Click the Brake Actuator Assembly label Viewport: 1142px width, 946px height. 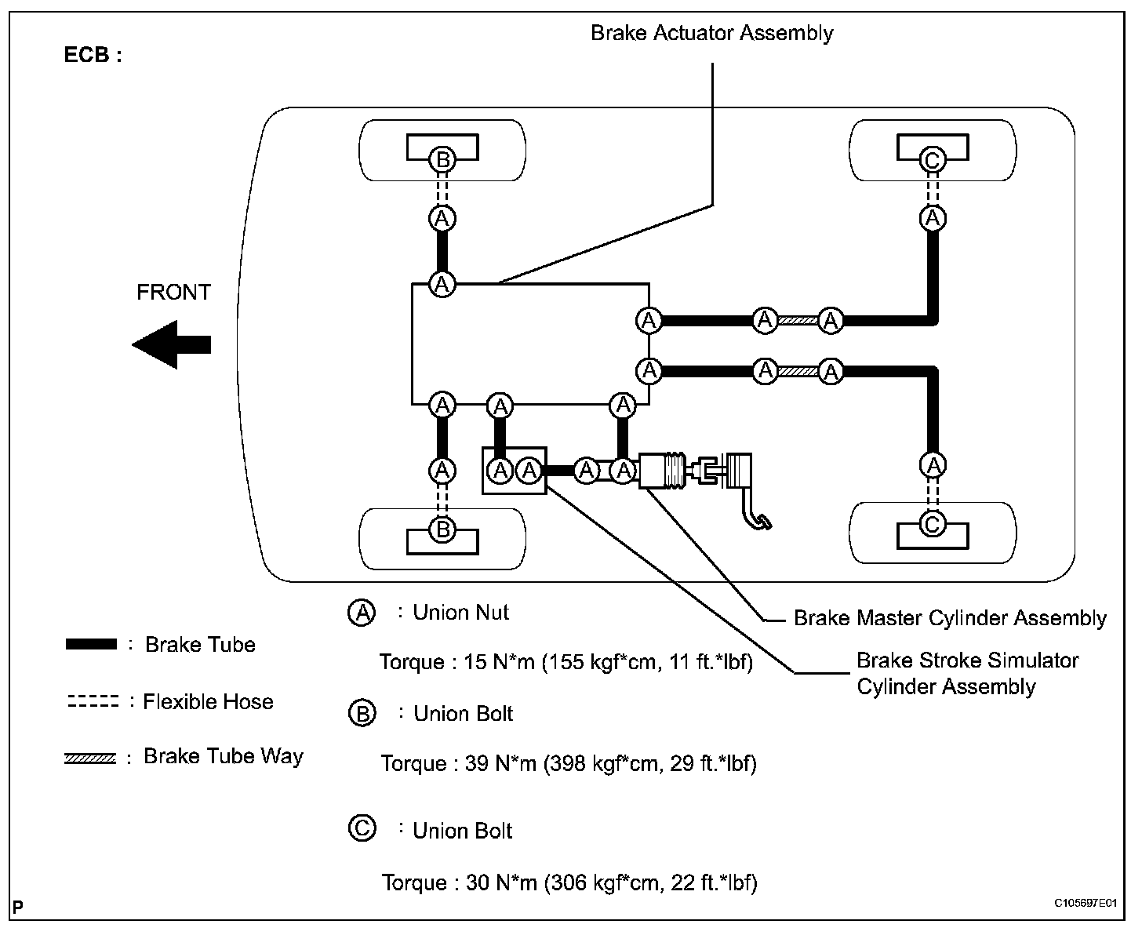click(711, 33)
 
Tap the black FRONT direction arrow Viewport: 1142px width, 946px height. click(172, 344)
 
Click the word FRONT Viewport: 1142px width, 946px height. click(173, 293)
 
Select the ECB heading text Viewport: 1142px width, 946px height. click(93, 56)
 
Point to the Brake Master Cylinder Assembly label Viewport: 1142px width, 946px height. click(950, 618)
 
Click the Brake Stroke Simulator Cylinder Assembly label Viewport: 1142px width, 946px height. click(967, 673)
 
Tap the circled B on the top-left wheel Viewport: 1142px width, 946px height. click(442, 160)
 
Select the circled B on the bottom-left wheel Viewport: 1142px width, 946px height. click(442, 529)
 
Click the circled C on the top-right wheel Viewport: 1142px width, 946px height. click(932, 161)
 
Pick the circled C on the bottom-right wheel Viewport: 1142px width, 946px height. click(932, 523)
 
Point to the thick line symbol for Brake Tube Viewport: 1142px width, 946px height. click(91, 645)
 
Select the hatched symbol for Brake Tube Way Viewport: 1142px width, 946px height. click(90, 758)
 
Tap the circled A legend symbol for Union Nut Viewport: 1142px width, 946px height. click(362, 613)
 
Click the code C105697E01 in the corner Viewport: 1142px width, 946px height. click(1085, 904)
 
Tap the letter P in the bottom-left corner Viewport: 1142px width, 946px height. click(17, 908)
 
